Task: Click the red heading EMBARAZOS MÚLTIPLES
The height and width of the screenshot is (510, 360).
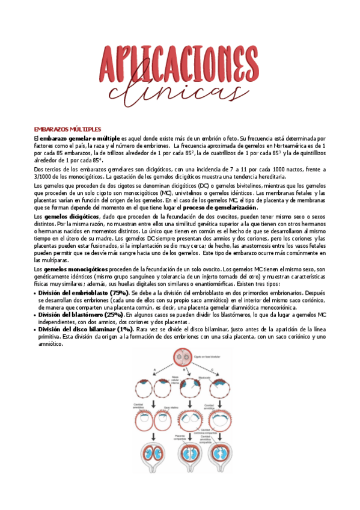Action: click(67, 129)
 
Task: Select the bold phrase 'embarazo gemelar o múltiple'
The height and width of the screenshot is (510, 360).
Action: click(80, 138)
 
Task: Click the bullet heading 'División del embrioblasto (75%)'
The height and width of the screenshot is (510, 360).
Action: click(82, 292)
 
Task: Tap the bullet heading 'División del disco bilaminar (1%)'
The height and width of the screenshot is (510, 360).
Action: click(85, 330)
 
